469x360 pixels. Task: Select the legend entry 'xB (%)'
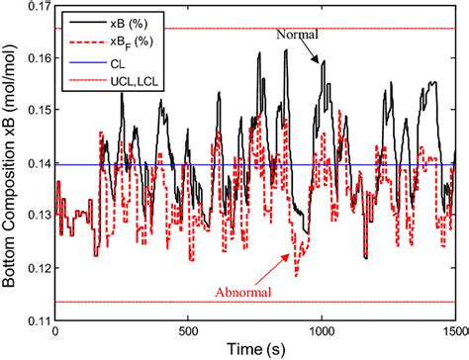(x=120, y=19)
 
